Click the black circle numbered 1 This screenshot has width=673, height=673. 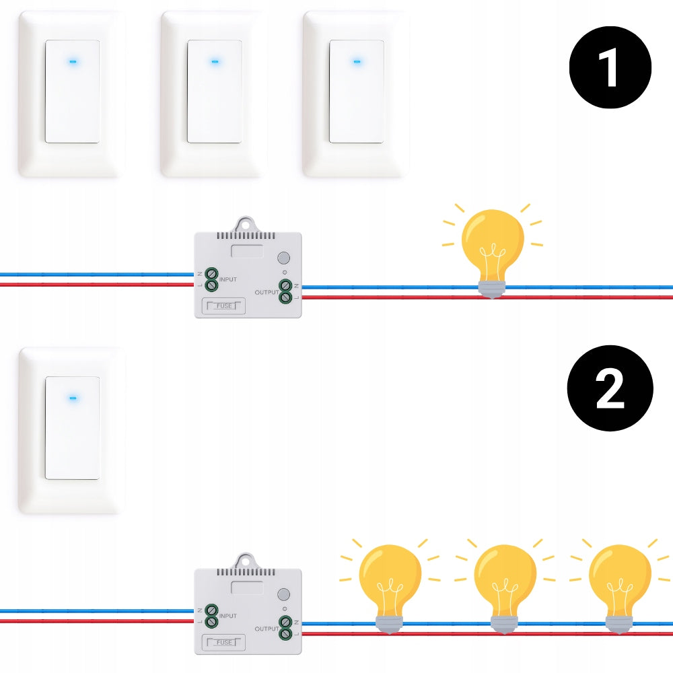tap(610, 67)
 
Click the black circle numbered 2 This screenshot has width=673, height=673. tap(610, 388)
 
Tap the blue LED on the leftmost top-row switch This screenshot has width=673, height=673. tap(73, 62)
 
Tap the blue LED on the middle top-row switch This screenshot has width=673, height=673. tap(215, 62)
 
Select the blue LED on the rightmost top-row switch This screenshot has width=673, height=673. tap(357, 62)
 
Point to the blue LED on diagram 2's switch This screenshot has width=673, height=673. tap(73, 398)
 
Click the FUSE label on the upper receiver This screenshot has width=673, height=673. tap(224, 306)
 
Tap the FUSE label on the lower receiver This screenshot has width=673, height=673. tap(224, 643)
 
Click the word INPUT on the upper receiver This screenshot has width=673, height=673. tap(228, 279)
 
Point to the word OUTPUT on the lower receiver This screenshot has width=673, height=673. tap(267, 629)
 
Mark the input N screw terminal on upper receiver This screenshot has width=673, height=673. tap(211, 273)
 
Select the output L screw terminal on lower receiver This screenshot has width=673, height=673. tap(285, 633)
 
